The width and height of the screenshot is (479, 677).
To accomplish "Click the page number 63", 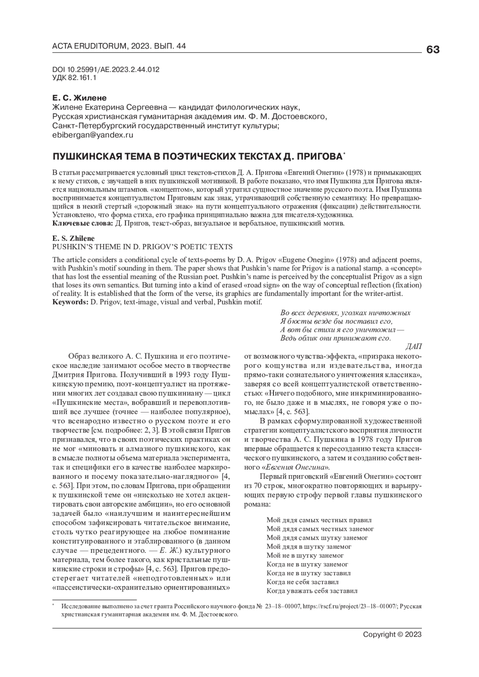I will click(x=433, y=50).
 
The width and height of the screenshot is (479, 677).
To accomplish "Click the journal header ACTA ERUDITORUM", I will click(x=88, y=47).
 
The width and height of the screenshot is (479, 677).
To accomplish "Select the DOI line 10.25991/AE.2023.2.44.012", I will click(x=106, y=69).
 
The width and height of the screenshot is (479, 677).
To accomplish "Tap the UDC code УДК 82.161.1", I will click(x=74, y=78).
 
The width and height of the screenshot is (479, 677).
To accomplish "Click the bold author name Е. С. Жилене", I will click(x=80, y=98).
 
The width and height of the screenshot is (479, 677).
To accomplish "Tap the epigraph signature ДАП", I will click(x=413, y=346).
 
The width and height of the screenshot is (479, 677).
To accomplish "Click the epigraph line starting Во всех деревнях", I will click(x=345, y=313).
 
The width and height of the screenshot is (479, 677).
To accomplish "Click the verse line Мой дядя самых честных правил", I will click(x=319, y=520).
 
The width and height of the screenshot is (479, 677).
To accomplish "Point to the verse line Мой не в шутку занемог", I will click(x=305, y=555).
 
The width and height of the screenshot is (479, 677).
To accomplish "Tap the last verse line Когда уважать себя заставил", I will click(x=312, y=591).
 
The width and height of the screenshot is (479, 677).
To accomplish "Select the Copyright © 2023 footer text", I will click(x=392, y=635).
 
